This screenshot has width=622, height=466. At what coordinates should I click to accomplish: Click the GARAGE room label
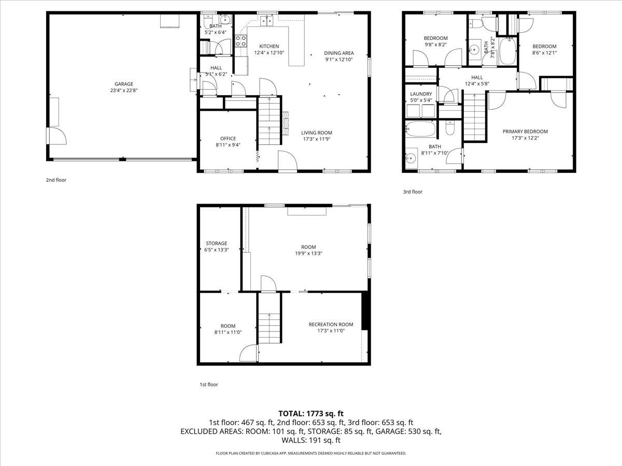tap(124, 84)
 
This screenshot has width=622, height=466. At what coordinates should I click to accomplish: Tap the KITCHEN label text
tap(269, 46)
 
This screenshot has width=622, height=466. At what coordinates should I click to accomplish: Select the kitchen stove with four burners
tap(241, 41)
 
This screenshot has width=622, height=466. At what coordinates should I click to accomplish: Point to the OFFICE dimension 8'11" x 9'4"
tap(228, 145)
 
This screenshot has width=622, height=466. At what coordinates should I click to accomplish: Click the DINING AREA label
tap(339, 53)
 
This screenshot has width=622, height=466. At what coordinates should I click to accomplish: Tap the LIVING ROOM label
tap(317, 133)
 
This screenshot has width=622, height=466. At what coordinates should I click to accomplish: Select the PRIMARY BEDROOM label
tap(525, 132)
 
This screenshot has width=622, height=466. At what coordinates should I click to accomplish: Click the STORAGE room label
tap(216, 243)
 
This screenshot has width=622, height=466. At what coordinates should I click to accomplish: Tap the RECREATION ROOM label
tap(331, 324)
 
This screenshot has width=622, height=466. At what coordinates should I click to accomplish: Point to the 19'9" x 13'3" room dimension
tap(308, 254)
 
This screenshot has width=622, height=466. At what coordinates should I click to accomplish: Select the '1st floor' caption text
tap(209, 385)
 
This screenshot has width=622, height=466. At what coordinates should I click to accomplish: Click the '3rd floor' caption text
tap(413, 192)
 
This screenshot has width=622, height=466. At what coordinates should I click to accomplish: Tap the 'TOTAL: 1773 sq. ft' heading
tap(311, 413)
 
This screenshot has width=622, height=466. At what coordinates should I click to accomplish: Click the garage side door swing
tap(57, 136)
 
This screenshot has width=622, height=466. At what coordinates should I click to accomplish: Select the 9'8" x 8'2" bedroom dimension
tap(435, 45)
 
